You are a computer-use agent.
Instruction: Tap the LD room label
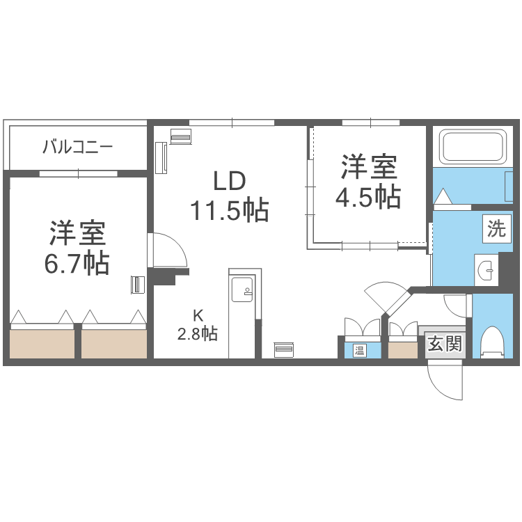[x=228, y=182]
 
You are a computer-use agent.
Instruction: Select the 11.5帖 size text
[x=229, y=209]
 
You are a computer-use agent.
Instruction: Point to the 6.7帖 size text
[x=78, y=263]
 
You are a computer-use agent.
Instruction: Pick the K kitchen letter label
[x=197, y=313]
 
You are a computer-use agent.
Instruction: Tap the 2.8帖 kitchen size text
[x=197, y=333]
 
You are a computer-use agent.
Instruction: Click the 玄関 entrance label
[x=444, y=344]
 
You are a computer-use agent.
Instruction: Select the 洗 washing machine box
[x=496, y=228]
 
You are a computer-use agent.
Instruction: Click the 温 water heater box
[x=360, y=349]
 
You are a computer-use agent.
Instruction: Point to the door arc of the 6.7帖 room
[x=168, y=250]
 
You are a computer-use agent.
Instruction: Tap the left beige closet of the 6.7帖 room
[x=42, y=343]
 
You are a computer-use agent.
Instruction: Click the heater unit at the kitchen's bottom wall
[x=284, y=349]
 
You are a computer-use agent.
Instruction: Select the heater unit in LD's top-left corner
[x=180, y=136]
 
